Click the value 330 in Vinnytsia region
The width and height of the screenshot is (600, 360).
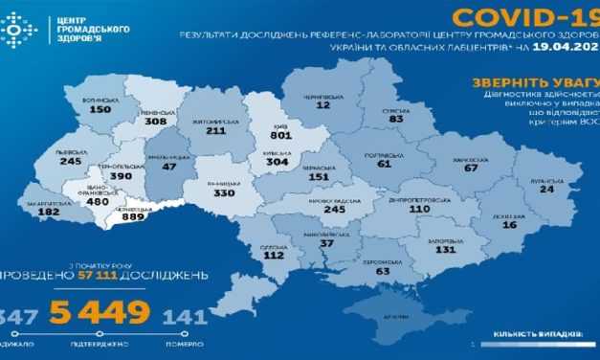(223, 192)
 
